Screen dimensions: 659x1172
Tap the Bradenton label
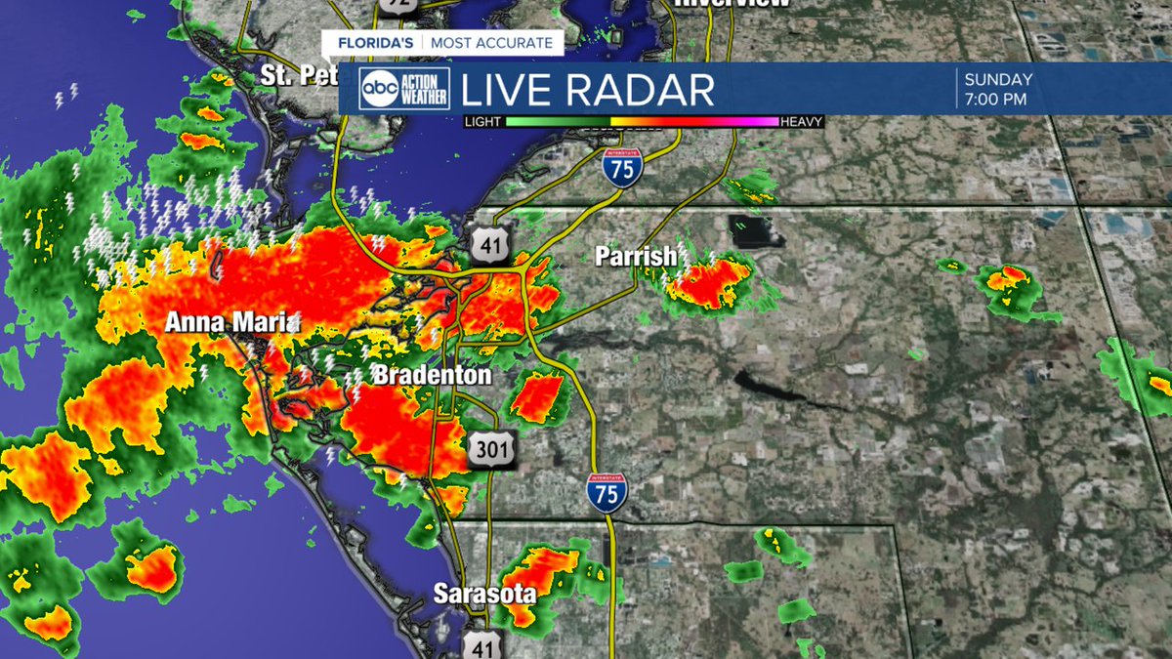[x=432, y=375]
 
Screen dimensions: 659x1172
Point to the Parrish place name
[x=636, y=257]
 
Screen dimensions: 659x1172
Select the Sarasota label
[x=484, y=594]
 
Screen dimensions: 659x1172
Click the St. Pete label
[x=299, y=74]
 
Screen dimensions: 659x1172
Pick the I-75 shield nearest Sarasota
[x=607, y=492]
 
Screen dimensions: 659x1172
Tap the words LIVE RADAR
[x=587, y=91]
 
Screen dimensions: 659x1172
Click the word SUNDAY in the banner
[x=998, y=80]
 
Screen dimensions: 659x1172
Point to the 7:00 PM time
[x=995, y=99]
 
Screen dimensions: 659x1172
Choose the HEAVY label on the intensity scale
[x=802, y=122]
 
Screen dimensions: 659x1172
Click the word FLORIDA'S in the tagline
[x=376, y=43]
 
